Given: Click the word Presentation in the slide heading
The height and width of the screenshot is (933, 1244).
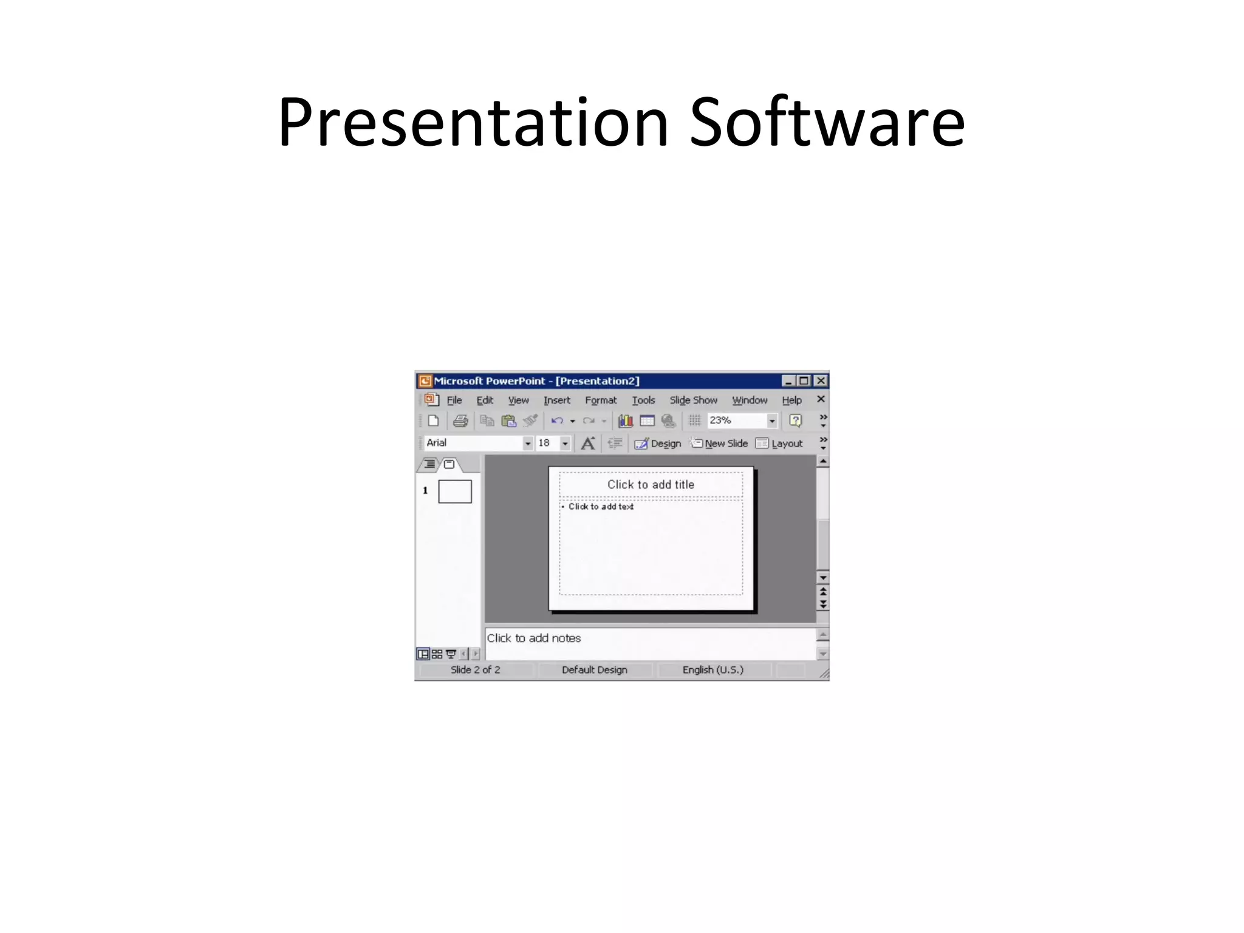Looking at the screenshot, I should (473, 123).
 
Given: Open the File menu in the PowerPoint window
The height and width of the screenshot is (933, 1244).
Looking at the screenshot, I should (454, 400).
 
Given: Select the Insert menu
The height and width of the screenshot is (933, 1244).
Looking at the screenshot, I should (556, 400).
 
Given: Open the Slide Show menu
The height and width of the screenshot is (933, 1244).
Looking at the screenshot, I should (693, 400).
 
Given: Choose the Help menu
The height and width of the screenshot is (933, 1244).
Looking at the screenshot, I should (791, 400).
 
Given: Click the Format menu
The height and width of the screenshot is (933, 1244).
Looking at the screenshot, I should (600, 400).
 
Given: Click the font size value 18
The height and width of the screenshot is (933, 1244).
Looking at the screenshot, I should (545, 443).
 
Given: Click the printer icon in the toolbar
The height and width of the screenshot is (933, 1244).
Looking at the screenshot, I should (460, 420).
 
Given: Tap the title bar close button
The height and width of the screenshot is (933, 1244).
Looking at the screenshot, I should (821, 381).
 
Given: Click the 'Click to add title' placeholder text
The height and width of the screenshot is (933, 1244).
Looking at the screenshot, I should (651, 485).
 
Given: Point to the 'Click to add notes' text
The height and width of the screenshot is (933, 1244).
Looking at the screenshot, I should (533, 638).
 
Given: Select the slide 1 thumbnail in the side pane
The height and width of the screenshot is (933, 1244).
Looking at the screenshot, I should (455, 491).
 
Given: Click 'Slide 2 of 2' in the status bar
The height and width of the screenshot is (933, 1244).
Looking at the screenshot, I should (475, 670).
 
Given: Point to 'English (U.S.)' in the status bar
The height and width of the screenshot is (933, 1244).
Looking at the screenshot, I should (713, 670).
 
